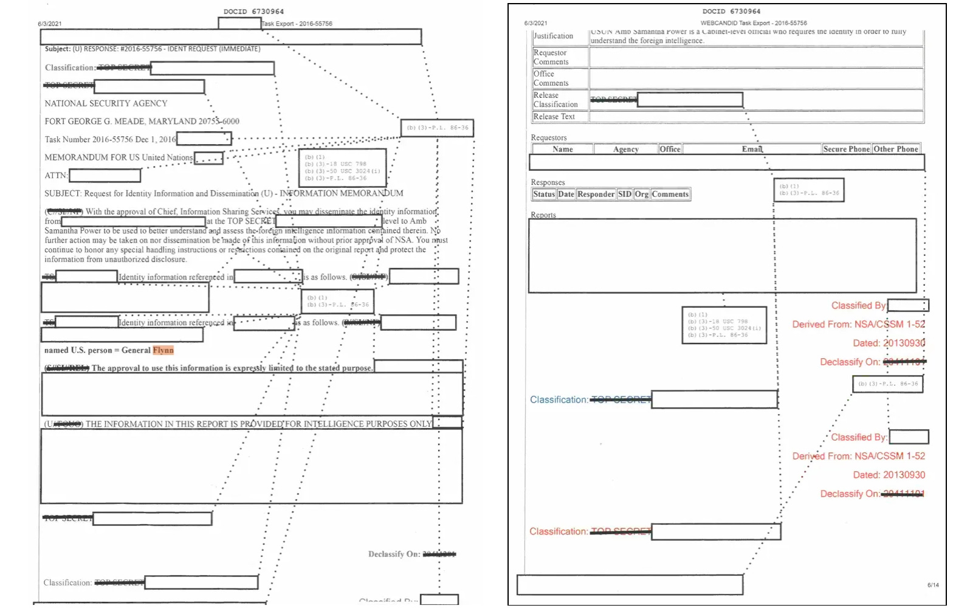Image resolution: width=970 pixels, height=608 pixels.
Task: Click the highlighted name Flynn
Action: [x=163, y=350]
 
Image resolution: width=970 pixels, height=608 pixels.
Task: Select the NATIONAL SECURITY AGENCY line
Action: [x=106, y=103]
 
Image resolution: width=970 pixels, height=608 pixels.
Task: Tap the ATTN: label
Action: [x=56, y=176]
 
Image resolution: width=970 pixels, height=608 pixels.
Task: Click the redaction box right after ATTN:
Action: [x=105, y=176]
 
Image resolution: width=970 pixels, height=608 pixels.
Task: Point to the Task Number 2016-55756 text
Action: [x=89, y=139]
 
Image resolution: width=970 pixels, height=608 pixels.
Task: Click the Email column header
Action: [x=752, y=149]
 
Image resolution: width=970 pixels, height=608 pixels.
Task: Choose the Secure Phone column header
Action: [x=846, y=149]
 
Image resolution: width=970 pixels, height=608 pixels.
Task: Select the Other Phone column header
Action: [x=895, y=149]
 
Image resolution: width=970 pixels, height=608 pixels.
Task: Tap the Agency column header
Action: [x=625, y=149]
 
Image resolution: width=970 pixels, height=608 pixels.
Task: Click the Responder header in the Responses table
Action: [x=596, y=195]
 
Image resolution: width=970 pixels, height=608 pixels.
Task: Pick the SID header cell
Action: [x=625, y=195]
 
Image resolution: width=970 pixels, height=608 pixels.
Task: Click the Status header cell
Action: [x=544, y=195]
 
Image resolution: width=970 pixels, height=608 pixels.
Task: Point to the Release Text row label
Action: [x=554, y=117]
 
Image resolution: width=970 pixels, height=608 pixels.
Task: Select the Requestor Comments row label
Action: [x=551, y=57]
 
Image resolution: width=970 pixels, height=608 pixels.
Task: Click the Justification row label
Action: [x=553, y=36]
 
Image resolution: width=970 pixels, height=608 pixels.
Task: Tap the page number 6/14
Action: [x=933, y=585]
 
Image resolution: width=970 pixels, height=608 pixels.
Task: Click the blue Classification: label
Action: [x=559, y=399]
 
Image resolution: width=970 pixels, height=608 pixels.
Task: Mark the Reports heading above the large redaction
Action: [x=543, y=215]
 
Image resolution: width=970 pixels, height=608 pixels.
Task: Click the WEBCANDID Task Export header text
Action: [x=754, y=23]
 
